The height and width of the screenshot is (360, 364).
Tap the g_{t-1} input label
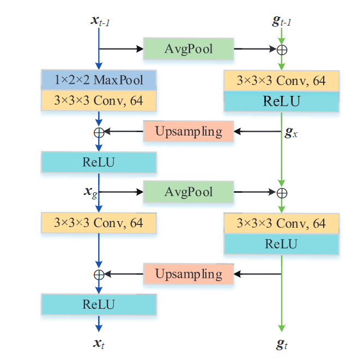pos(281,21)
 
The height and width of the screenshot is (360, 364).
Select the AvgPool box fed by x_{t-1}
pos(189,49)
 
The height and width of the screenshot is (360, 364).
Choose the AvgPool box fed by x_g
pos(189,192)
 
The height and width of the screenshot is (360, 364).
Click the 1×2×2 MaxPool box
pos(99,80)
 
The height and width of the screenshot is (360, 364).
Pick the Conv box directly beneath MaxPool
pos(99,100)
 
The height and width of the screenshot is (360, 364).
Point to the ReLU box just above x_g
pos(99,162)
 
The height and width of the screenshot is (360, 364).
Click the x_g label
pos(89,192)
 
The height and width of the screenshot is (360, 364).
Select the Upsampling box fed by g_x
pos(189,131)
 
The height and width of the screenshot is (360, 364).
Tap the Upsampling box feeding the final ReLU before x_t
pos(189,273)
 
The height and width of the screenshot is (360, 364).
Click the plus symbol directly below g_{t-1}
pos(282,50)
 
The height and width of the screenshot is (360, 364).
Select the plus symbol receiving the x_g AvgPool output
pos(282,193)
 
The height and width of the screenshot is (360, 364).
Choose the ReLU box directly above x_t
pos(99,304)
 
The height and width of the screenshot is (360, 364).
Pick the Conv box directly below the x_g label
pos(99,223)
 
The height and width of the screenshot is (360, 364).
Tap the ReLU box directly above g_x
pos(282,101)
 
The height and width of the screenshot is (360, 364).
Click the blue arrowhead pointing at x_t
pos(99,328)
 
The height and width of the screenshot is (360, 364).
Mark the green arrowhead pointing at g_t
pos(282,328)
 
